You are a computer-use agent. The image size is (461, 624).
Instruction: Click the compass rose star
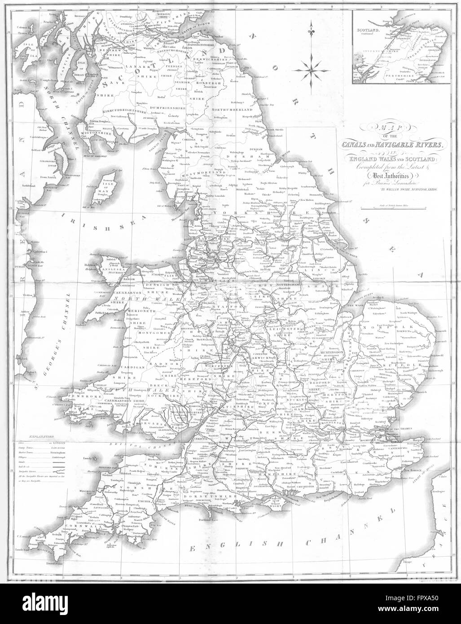click(311, 68)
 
